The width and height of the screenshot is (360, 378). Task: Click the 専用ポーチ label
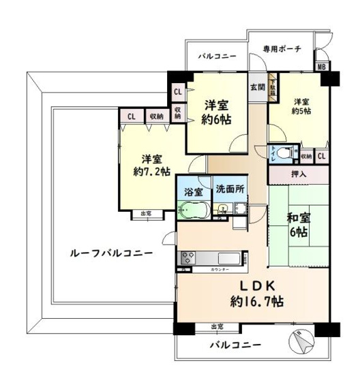coord(282,49)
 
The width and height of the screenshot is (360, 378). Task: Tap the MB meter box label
coord(320,67)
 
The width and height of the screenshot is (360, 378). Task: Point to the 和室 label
coord(299,219)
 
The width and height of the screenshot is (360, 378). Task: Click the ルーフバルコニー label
coord(111,253)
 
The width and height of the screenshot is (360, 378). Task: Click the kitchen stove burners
coord(188,257)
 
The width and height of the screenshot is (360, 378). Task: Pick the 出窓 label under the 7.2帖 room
coord(146,215)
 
